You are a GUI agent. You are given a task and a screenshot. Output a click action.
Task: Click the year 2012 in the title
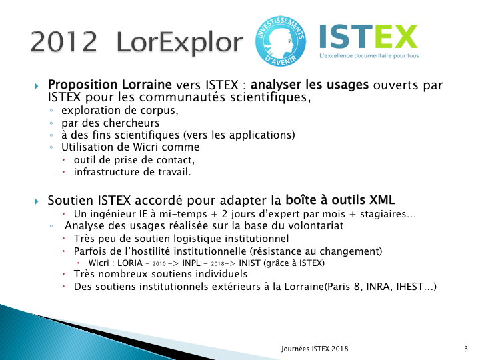tap(64, 41)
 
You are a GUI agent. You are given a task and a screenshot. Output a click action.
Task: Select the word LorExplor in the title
tap(180, 43)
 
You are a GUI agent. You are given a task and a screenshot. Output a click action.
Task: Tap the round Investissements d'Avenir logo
tap(281, 41)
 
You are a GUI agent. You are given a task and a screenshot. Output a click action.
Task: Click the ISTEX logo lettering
tap(368, 37)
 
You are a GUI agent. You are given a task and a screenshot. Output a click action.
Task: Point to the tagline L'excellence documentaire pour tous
tap(369, 56)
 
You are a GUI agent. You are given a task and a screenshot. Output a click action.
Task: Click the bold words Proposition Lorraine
tap(109, 85)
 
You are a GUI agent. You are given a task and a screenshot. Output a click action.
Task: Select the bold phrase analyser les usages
tap(309, 85)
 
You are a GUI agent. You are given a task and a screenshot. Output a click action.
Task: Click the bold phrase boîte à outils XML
tap(340, 200)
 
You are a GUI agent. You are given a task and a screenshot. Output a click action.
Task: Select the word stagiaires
tap(383, 214)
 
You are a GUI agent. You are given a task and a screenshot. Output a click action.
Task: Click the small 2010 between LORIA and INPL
tap(159, 264)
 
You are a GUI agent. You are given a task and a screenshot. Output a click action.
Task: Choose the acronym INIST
tap(249, 263)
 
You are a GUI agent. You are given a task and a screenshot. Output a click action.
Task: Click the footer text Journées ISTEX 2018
tap(315, 349)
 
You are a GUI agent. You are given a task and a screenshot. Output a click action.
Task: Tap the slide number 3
tap(466, 349)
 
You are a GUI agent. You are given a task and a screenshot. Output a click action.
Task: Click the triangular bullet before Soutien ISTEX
tap(37, 201)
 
